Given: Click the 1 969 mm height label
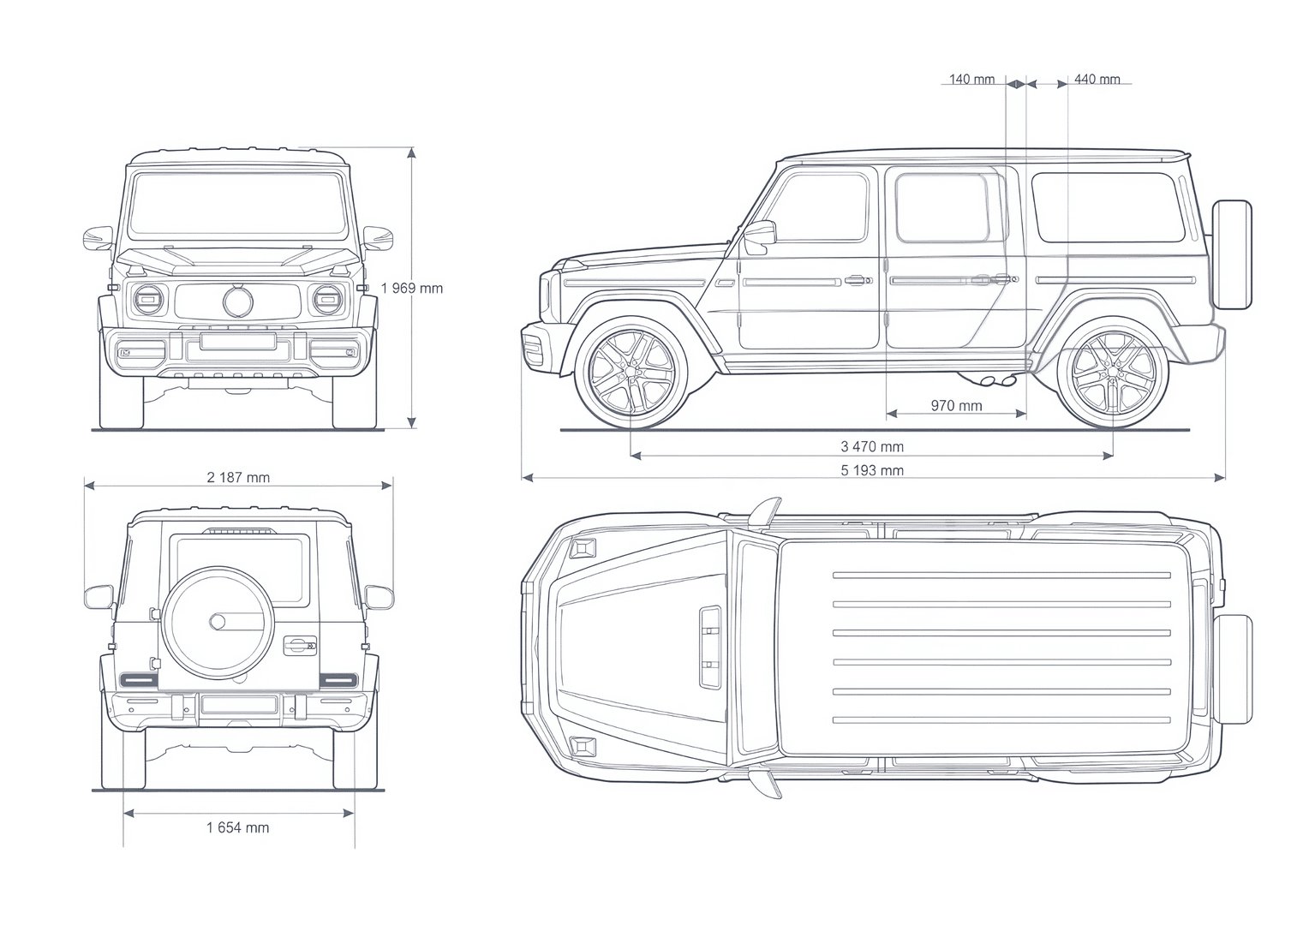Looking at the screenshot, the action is coord(412,288).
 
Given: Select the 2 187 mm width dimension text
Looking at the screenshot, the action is coord(238,477).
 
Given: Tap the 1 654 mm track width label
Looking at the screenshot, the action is coord(238,827).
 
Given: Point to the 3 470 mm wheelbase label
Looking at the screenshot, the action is coord(872,447).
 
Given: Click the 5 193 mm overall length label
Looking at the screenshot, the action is coord(872,470).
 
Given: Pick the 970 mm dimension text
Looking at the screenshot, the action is coord(956,405).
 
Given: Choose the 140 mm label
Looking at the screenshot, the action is coord(971,79).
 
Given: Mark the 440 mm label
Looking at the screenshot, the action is coord(1097,79).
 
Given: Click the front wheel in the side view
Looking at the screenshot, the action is coord(631,373).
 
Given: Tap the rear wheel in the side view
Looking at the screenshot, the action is coord(1113,373).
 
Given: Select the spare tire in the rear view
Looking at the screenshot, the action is coord(218,623).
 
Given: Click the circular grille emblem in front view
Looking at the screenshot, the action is coord(238,301).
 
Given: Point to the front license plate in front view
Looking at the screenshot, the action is coord(238,341).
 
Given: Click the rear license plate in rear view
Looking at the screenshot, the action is coord(238,705).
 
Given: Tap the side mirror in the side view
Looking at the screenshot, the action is coord(760,236).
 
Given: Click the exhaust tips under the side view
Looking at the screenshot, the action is coord(998,381).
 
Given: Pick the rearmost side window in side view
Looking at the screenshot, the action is coord(1108,207).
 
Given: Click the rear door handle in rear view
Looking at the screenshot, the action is coord(300,646).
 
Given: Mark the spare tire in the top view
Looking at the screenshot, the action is coord(1233,669).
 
